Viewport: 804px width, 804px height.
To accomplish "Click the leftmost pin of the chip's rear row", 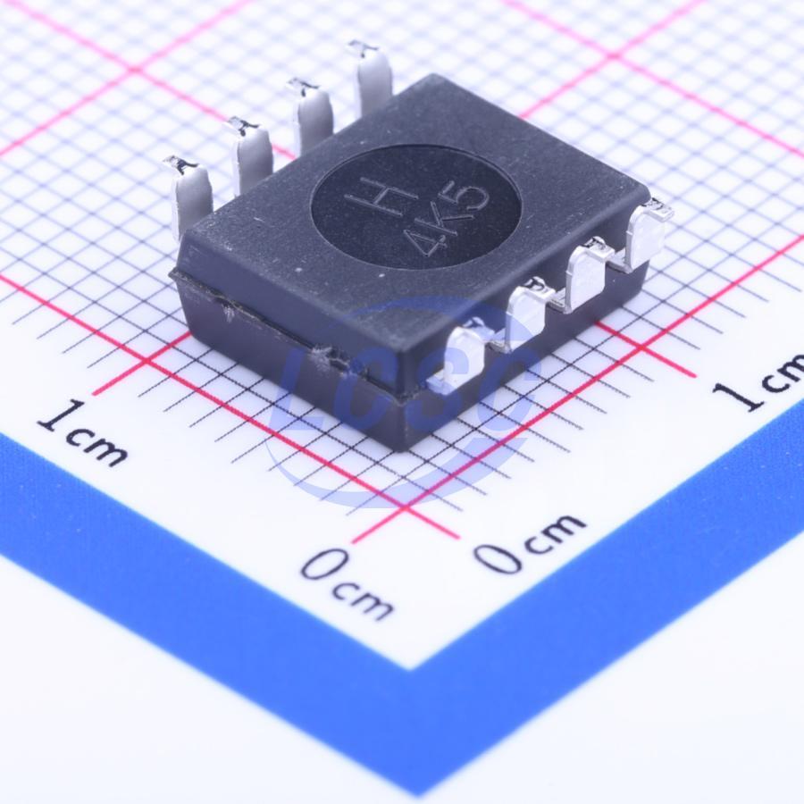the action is pyautogui.click(x=190, y=195).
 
